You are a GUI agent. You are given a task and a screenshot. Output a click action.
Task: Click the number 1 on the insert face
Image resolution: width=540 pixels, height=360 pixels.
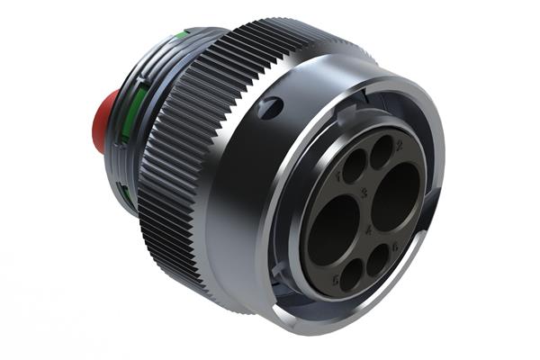pos(339,177)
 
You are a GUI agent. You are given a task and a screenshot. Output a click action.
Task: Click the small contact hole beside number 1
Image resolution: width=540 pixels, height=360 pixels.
pos(354,166)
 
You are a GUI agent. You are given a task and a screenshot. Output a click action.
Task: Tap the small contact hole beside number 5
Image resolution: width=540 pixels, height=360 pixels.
pos(351,271)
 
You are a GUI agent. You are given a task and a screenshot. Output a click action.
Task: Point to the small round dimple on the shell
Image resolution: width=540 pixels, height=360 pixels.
pos(268,109)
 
